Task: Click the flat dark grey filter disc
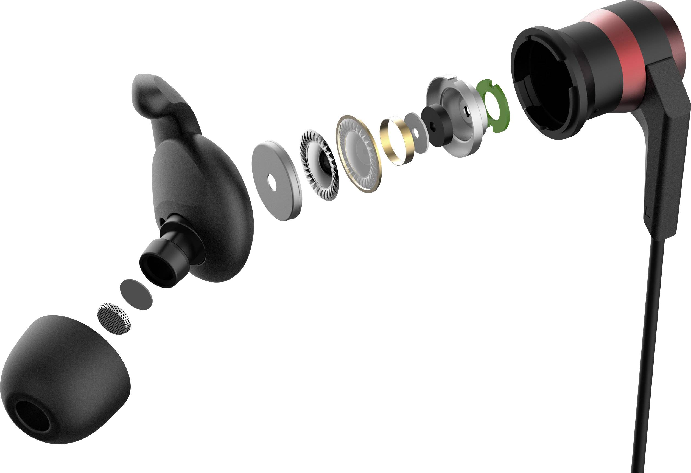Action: point(136,294)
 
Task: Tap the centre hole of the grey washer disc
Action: point(272,182)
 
